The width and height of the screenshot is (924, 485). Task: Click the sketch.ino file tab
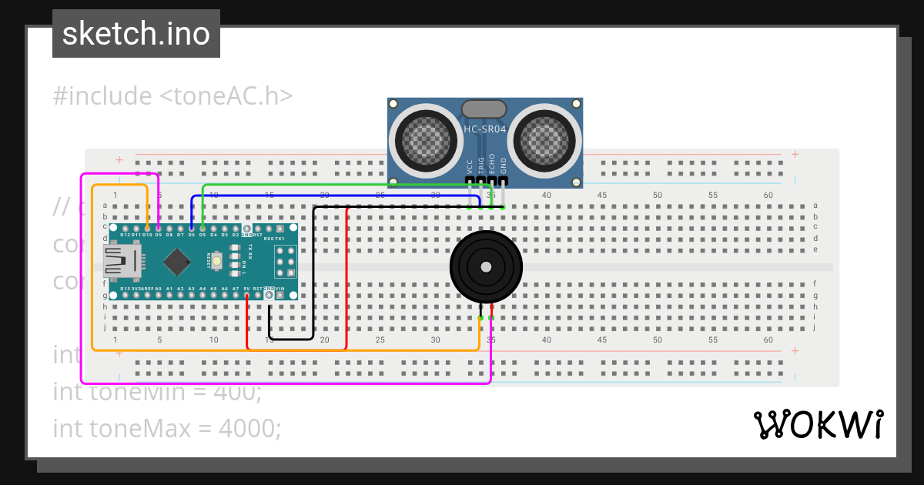(x=136, y=34)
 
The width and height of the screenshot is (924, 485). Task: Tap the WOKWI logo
(x=818, y=425)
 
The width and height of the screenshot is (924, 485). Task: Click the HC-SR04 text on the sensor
(x=484, y=129)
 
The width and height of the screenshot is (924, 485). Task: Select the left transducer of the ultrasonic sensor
(x=425, y=139)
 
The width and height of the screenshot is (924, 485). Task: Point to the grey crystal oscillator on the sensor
(x=484, y=109)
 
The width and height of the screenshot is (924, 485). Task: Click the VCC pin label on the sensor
(x=469, y=166)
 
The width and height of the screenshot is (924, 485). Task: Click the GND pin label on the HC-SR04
(x=504, y=166)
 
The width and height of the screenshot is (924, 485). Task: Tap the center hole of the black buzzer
(x=486, y=267)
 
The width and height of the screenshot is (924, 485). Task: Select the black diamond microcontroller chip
(x=178, y=262)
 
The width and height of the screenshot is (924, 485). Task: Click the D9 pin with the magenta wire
(x=158, y=229)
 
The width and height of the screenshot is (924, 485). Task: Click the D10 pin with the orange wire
(x=147, y=229)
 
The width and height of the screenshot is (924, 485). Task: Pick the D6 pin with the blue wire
(x=191, y=229)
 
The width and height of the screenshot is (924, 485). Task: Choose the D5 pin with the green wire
(x=203, y=229)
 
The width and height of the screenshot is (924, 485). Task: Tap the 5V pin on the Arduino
(x=246, y=295)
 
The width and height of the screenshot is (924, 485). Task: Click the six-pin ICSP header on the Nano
(x=285, y=262)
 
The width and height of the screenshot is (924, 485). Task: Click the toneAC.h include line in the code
(x=172, y=96)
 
